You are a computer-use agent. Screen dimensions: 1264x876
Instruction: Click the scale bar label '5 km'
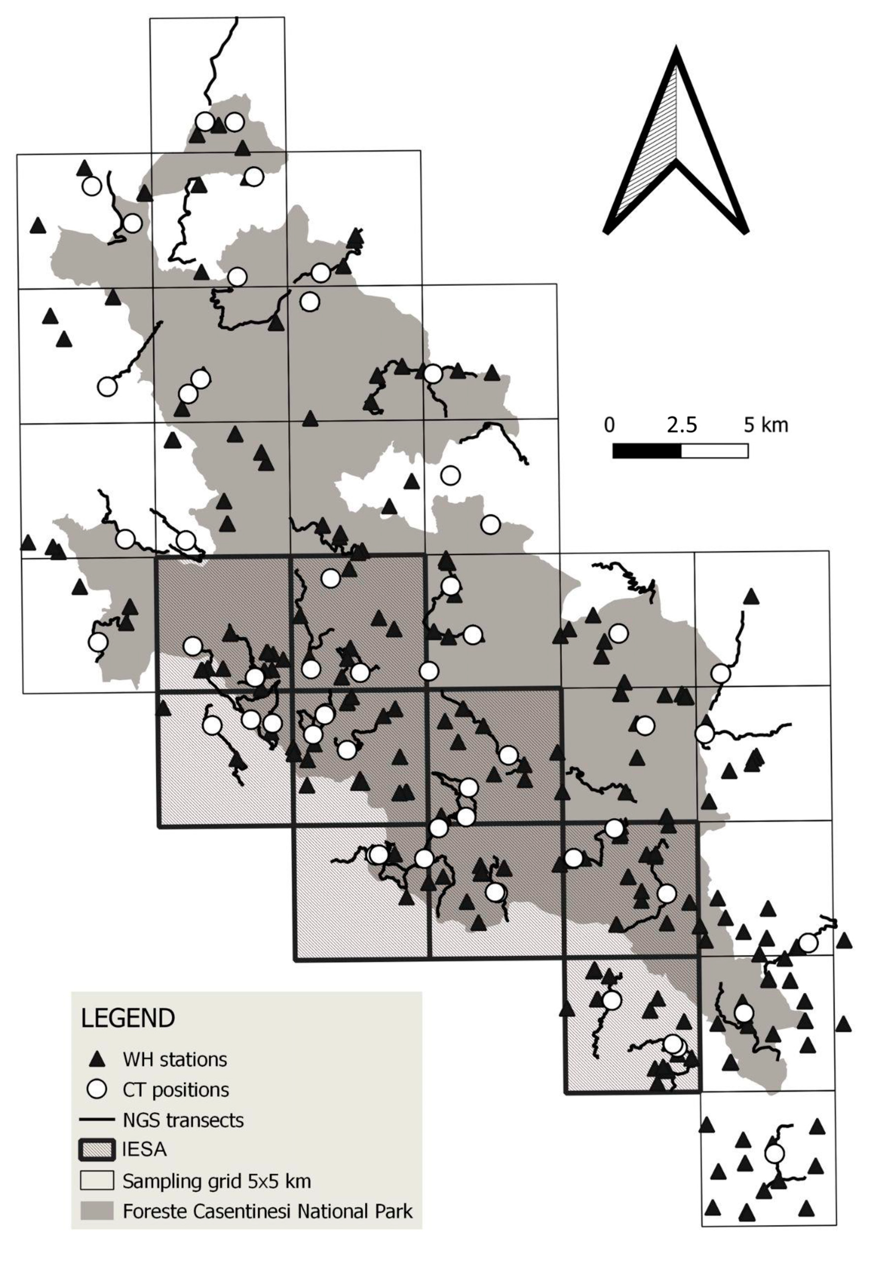pyautogui.click(x=766, y=425)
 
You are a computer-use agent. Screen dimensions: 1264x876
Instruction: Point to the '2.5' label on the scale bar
pyautogui.click(x=682, y=425)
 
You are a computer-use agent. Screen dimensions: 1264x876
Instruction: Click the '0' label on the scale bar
pyautogui.click(x=609, y=425)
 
